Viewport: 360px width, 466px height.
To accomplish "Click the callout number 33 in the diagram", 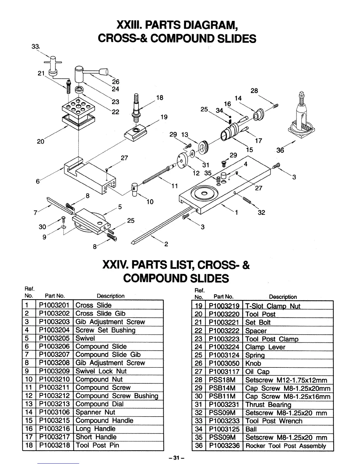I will click(35, 46).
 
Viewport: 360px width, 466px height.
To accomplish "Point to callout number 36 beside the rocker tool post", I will click(280, 150).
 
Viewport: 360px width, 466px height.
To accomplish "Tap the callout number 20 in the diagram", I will click(41, 142).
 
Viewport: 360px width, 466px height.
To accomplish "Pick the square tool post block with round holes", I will click(79, 108).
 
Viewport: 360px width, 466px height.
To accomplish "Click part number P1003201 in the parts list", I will click(54, 305).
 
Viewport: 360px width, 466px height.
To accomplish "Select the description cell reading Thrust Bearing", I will click(268, 405).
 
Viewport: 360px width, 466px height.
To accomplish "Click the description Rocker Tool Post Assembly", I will click(286, 446).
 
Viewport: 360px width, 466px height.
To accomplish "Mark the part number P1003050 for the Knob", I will click(224, 364).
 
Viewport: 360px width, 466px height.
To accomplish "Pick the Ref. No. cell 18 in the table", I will click(29, 445).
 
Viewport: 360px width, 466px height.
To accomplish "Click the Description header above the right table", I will click(283, 297).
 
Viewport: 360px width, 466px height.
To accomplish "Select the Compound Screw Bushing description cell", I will click(116, 396).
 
